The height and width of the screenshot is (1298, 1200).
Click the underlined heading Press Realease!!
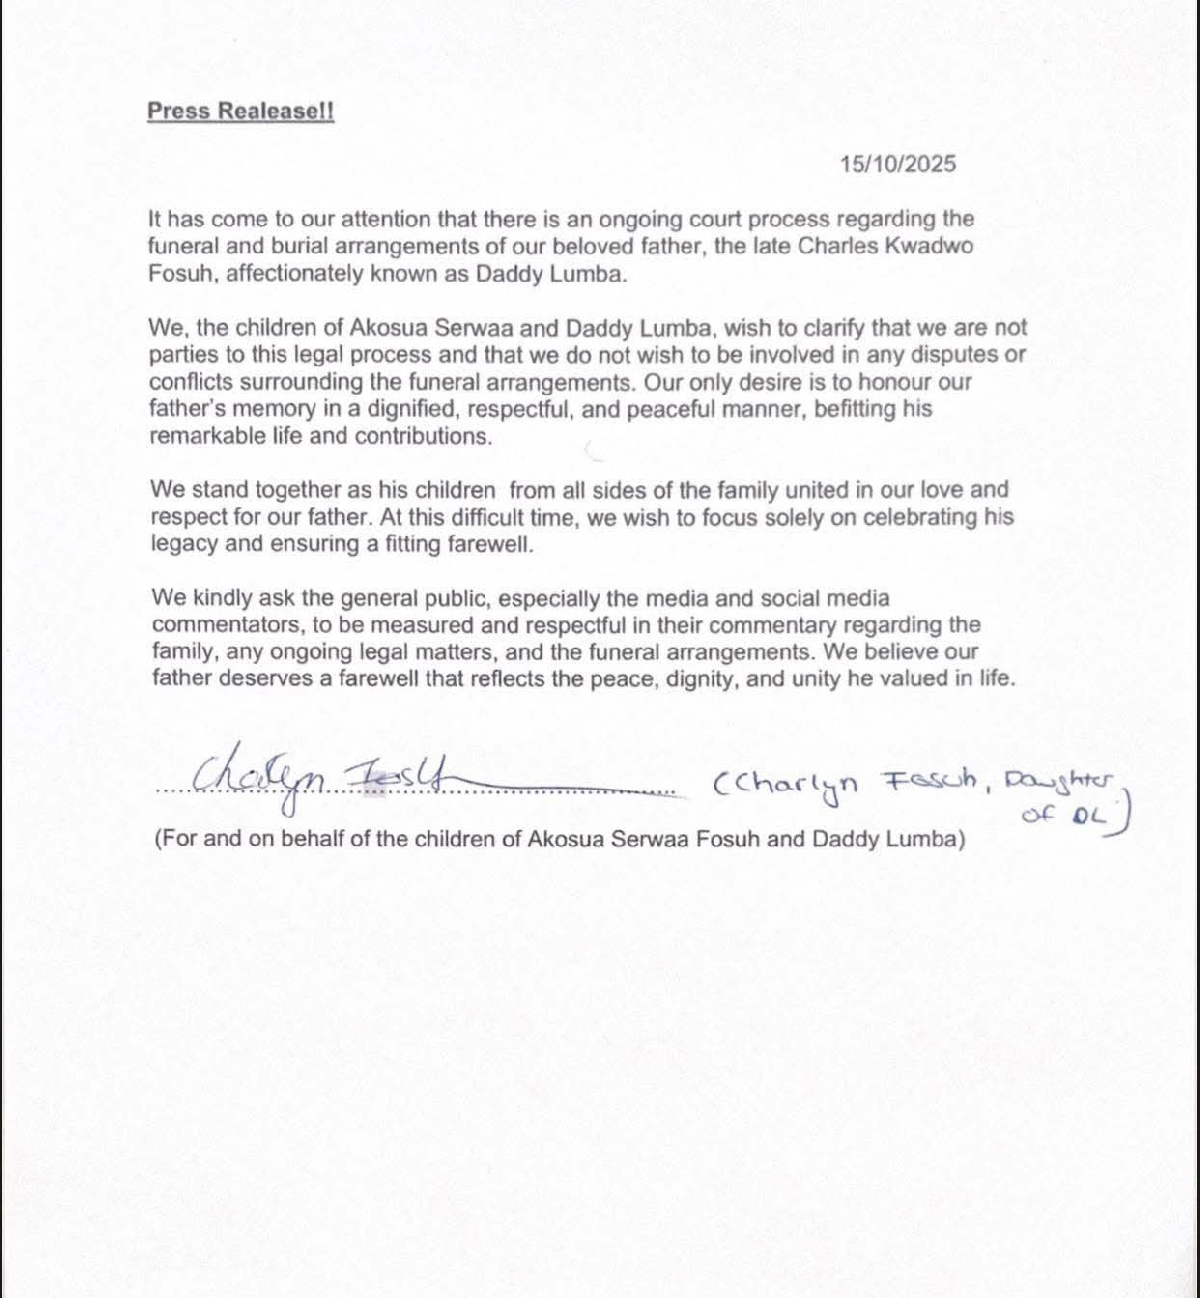(240, 111)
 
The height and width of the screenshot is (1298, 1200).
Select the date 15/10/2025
(897, 164)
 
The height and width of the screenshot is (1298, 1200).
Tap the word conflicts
(192, 382)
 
